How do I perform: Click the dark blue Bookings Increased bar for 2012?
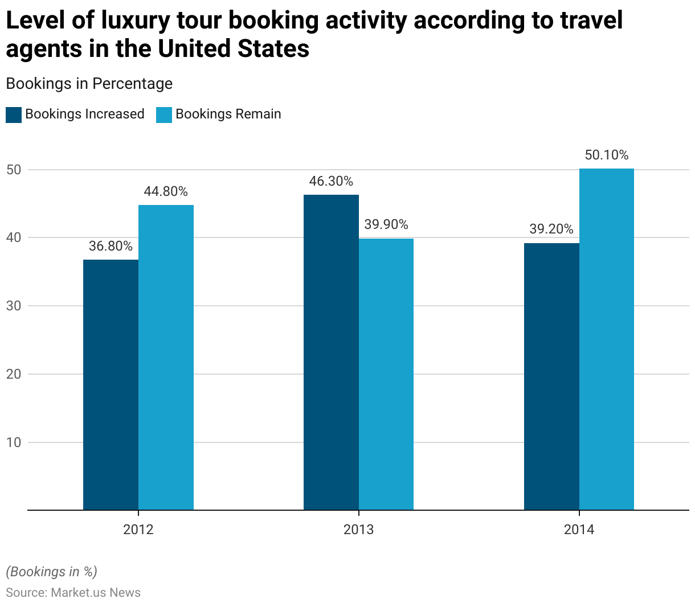point(111,385)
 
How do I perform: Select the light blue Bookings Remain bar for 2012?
point(166,358)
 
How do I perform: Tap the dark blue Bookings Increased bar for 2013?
point(331,352)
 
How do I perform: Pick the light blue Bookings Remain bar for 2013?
point(386,374)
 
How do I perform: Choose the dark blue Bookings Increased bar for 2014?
point(551,376)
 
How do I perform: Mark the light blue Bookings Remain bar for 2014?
point(607,339)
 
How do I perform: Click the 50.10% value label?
point(607,155)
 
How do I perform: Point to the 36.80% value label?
point(111,246)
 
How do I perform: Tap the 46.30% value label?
point(331,181)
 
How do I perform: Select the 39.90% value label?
point(386,224)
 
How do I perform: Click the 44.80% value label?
point(166,191)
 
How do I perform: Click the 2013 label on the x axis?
point(358,530)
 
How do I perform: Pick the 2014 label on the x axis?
point(579,530)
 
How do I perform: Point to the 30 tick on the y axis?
point(14,306)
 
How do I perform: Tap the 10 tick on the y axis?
point(14,442)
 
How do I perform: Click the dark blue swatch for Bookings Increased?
point(14,114)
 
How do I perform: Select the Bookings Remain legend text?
point(228,114)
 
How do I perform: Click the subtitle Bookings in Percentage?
point(89,84)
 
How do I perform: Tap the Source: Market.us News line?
point(73,592)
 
